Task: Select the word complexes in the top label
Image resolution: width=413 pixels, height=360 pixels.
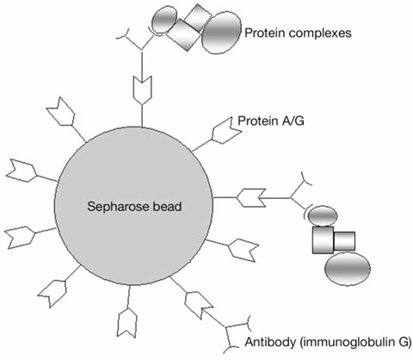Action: [x=324, y=34]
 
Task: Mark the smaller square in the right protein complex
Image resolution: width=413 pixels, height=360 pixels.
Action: [x=345, y=238]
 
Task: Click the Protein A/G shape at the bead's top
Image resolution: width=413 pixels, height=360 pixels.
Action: [x=142, y=89]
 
